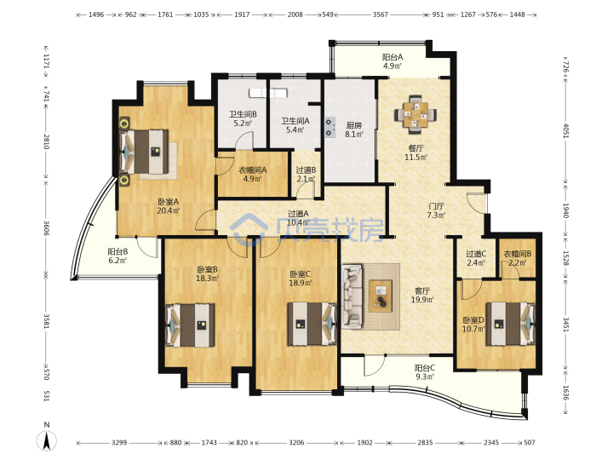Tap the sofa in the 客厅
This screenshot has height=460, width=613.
352,296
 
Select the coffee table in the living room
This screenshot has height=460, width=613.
381,296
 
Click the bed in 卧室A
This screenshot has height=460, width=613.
144,152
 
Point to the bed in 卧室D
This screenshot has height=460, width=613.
511,324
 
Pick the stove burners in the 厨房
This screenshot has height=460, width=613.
330,128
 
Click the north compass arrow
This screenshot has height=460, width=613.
47,440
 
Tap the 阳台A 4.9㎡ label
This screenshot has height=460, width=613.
392,61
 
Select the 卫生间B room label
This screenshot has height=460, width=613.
243,114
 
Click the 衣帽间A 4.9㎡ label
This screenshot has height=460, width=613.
253,175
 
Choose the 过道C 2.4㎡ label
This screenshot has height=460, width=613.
476,258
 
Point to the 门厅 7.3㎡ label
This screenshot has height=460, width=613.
436,210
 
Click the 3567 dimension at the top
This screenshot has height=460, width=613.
380,14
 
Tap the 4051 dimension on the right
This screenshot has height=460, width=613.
565,130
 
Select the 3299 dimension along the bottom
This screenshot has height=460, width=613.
119,442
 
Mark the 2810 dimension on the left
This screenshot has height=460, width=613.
46,141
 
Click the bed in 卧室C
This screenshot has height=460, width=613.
312,324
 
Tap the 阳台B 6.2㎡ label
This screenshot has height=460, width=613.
117,256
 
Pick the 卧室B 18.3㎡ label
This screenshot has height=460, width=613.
207,273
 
